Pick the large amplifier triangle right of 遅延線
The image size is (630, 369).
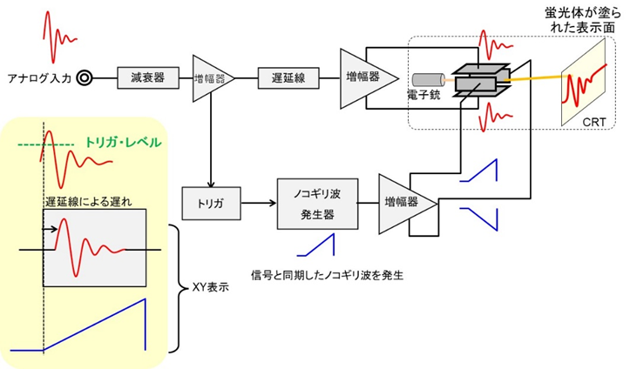(362, 77)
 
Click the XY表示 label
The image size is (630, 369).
(210, 287)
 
